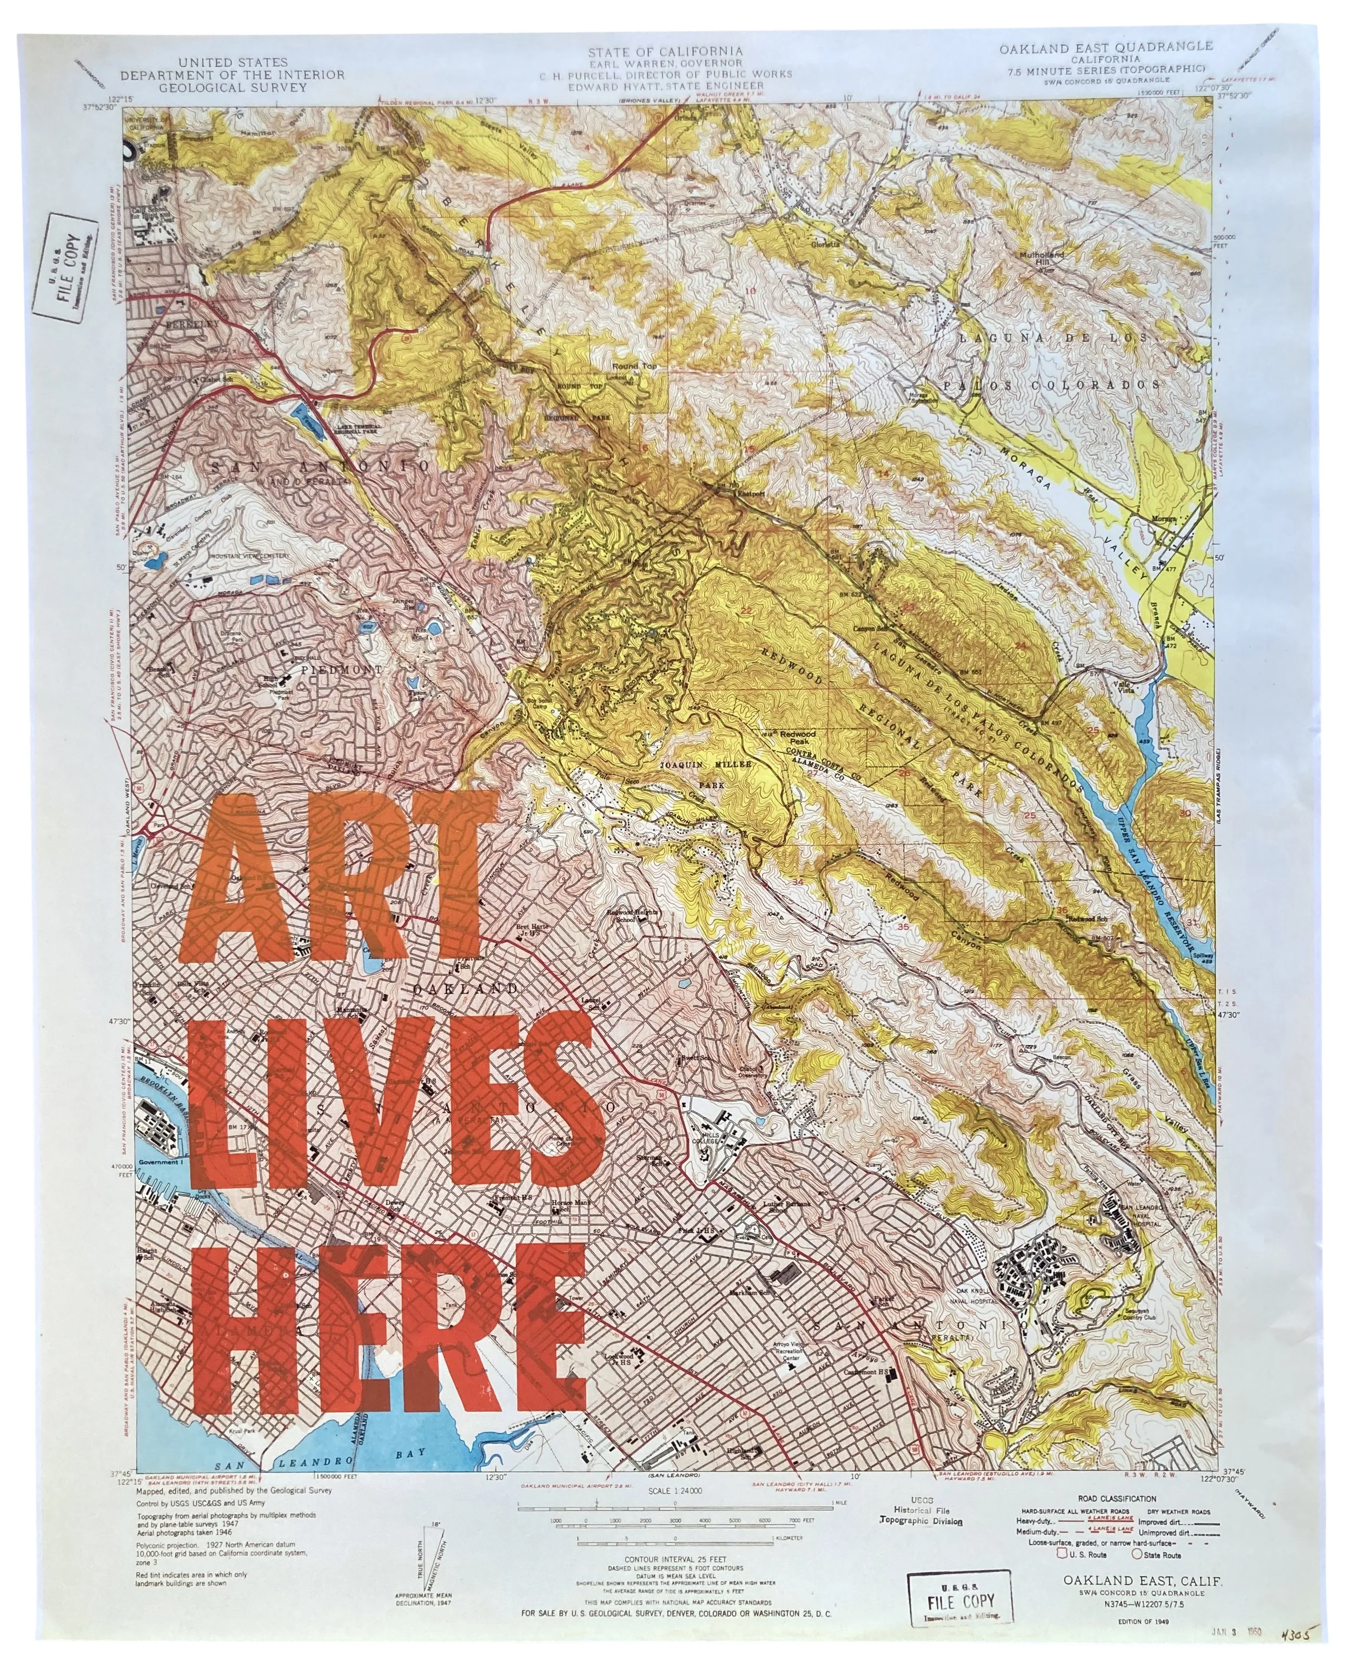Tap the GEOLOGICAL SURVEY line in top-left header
click(x=233, y=87)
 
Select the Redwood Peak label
click(x=798, y=735)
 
